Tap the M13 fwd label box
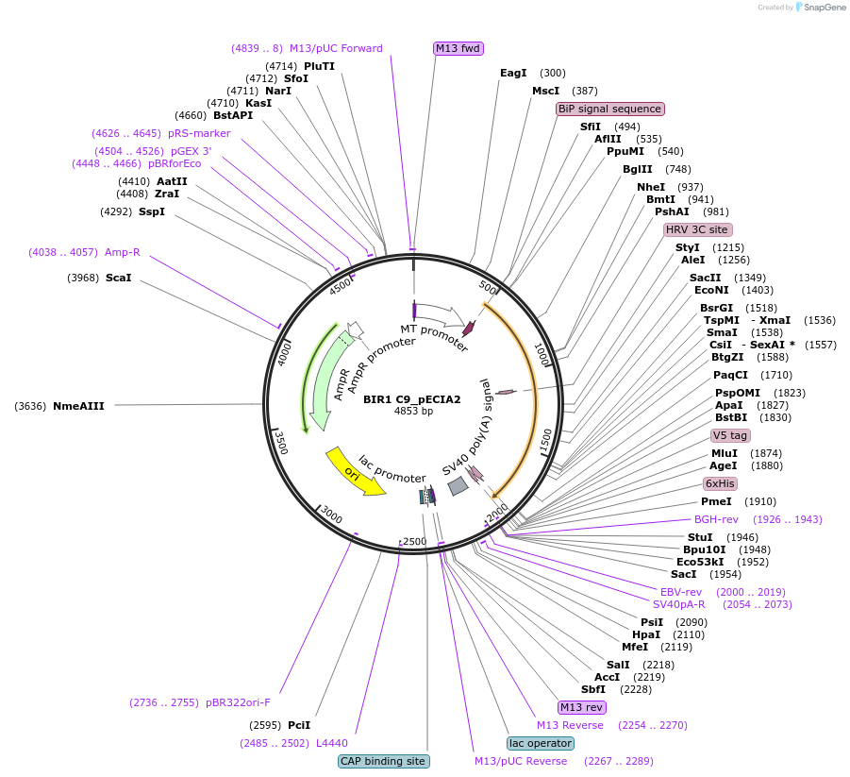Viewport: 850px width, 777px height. click(458, 48)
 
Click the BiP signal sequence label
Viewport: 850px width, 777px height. click(610, 109)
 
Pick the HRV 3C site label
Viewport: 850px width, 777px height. click(697, 229)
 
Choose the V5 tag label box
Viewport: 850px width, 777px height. click(730, 435)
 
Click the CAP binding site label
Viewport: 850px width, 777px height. click(384, 761)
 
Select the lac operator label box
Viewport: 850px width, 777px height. click(540, 743)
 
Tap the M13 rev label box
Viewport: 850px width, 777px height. click(581, 707)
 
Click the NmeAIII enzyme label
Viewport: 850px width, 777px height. click(78, 406)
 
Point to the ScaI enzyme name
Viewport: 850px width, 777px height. click(119, 278)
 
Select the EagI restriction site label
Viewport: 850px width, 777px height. click(513, 73)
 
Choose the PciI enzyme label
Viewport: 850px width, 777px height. click(299, 725)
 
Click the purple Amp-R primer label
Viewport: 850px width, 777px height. click(123, 252)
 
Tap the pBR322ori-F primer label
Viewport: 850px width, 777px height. click(238, 702)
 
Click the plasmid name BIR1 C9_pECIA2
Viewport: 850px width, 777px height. click(412, 399)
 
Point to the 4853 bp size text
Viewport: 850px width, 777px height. click(413, 412)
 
